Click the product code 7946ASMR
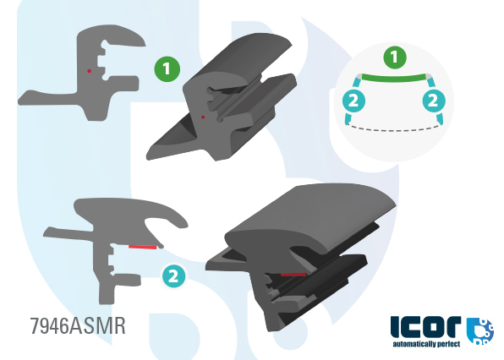tap(78, 326)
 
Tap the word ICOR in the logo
tap(425, 327)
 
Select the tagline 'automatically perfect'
tap(426, 344)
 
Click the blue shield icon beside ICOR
tap(479, 331)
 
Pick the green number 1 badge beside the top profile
tap(167, 68)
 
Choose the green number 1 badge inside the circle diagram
tap(395, 57)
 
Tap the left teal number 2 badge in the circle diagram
tap(353, 101)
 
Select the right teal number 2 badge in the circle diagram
tap(434, 101)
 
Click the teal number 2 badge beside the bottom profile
tap(173, 275)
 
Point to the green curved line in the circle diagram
tap(394, 79)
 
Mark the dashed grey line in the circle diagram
tap(394, 129)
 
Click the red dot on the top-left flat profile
tap(89, 71)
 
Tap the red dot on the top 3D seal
tap(203, 117)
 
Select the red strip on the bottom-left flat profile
tap(142, 247)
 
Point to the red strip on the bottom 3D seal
tap(293, 275)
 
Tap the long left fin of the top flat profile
tap(48, 98)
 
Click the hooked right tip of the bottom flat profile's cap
tap(181, 223)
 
